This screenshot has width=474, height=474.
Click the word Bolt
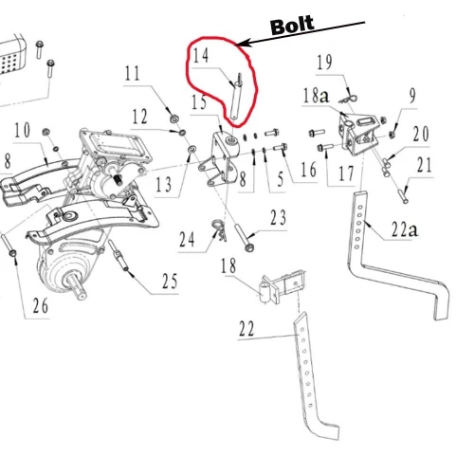(292, 25)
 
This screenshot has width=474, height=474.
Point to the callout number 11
(132, 72)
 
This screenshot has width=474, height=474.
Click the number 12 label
(139, 117)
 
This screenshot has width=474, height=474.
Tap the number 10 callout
(21, 129)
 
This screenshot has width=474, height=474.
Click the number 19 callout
(325, 64)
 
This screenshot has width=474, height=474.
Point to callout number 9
(411, 94)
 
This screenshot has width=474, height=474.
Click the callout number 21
(423, 168)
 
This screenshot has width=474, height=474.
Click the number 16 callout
(308, 171)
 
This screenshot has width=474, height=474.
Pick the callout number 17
(345, 174)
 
